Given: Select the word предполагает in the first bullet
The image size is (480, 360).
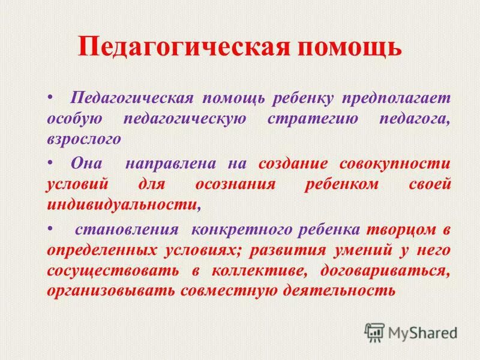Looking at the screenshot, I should click(401, 97).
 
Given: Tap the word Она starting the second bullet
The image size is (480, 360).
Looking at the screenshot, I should click(86, 164).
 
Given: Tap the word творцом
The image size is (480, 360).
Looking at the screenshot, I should click(399, 230).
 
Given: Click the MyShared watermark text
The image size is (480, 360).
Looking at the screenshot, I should click(422, 331).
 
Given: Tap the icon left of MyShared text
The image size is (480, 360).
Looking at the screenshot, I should click(375, 331).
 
